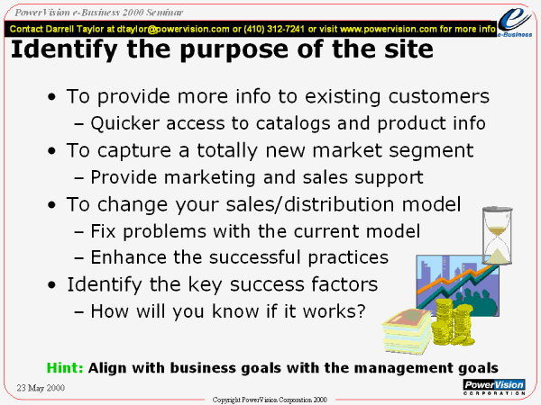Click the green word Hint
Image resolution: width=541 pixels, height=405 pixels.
point(65,367)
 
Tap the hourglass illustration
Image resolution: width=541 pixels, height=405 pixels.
point(497,235)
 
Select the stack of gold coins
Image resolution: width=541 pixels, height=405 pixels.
point(452,322)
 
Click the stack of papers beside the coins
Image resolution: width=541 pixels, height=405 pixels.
point(407,331)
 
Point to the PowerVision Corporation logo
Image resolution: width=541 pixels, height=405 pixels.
point(494,387)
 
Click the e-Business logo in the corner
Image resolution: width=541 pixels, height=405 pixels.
point(515,22)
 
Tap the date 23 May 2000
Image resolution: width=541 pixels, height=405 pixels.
point(41,388)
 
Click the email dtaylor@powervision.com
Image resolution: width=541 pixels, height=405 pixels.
point(173,29)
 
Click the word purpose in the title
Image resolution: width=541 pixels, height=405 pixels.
point(234,50)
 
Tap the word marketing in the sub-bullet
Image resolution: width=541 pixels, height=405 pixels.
point(209,177)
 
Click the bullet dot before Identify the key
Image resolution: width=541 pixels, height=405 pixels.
point(51,285)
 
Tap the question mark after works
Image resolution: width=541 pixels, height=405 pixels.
point(361,310)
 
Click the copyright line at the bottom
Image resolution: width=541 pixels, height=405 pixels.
point(270,400)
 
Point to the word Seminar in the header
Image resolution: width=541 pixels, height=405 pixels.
point(164,13)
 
